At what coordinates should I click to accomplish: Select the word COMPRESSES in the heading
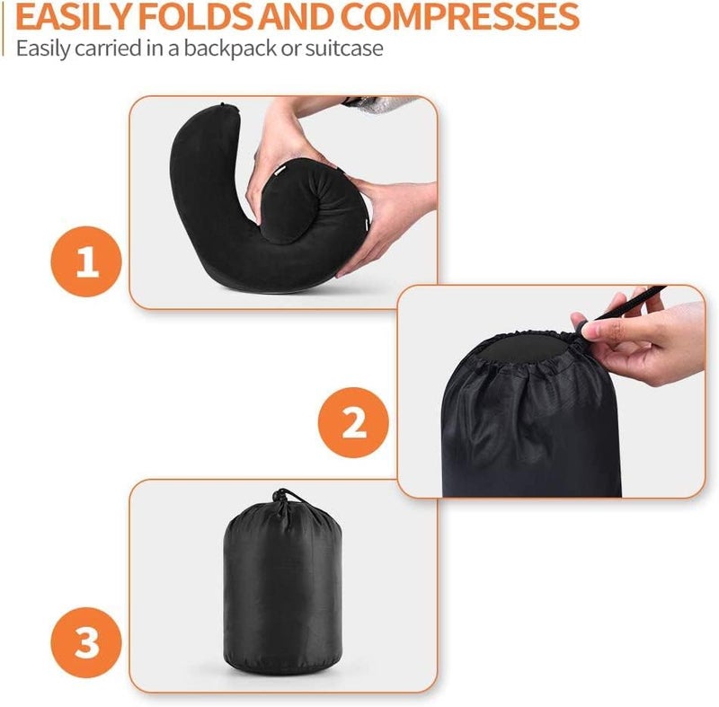pyautogui.click(x=459, y=16)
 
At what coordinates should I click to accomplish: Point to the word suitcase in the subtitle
pyautogui.click(x=344, y=49)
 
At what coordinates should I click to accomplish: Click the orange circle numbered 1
pyautogui.click(x=86, y=261)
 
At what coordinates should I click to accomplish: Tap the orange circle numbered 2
pyautogui.click(x=353, y=422)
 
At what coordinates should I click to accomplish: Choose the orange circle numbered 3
pyautogui.click(x=86, y=642)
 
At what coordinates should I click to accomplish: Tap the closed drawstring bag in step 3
pyautogui.click(x=282, y=583)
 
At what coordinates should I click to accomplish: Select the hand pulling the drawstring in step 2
pyautogui.click(x=642, y=339)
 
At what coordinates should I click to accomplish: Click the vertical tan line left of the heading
pyautogui.click(x=4, y=29)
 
